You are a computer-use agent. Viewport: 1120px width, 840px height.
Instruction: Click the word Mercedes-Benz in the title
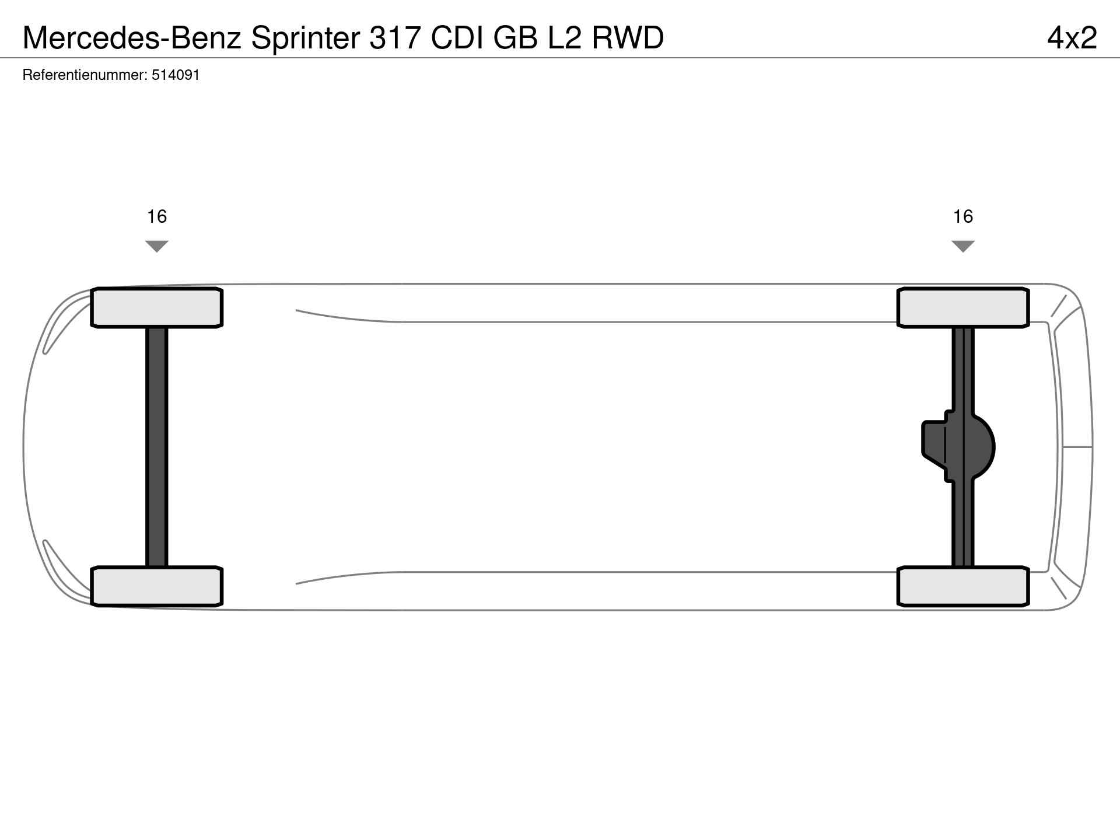pyautogui.click(x=132, y=38)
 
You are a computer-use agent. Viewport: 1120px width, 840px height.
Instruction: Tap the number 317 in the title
pyautogui.click(x=395, y=38)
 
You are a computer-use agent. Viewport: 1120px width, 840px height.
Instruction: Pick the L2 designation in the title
pyautogui.click(x=564, y=38)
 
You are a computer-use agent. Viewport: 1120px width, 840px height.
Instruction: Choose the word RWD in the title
pyautogui.click(x=628, y=38)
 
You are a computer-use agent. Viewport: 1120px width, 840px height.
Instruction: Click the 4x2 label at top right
pyautogui.click(x=1072, y=38)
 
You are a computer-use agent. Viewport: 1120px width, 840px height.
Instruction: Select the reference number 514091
pyautogui.click(x=176, y=75)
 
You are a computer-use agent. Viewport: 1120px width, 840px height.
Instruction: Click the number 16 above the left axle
pyautogui.click(x=157, y=216)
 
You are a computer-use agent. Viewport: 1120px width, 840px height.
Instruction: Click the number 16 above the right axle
pyautogui.click(x=963, y=216)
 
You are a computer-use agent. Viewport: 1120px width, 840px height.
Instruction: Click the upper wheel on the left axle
pyautogui.click(x=157, y=307)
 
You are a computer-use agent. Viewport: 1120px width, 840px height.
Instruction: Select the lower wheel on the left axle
pyautogui.click(x=157, y=586)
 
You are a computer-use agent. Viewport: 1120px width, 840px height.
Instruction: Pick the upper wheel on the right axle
pyautogui.click(x=963, y=307)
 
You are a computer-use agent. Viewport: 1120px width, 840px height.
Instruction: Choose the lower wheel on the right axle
pyautogui.click(x=963, y=586)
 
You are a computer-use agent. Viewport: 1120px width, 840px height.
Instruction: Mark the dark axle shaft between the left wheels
pyautogui.click(x=157, y=447)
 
